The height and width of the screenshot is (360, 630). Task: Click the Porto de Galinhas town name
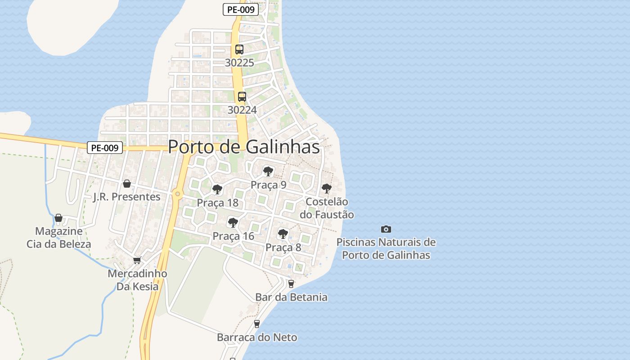click(x=244, y=147)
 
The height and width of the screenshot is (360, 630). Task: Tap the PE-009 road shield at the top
click(x=241, y=9)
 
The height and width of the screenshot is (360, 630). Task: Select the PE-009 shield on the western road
click(x=105, y=148)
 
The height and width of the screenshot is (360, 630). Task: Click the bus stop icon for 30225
click(x=239, y=49)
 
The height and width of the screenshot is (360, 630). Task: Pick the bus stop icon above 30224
click(x=242, y=96)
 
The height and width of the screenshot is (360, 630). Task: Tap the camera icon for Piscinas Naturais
click(x=386, y=229)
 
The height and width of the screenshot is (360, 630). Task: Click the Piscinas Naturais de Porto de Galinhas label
click(x=386, y=249)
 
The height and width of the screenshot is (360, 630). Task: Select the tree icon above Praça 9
click(x=268, y=171)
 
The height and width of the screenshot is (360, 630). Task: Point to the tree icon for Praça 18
click(x=217, y=189)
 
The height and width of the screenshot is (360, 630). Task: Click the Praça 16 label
click(x=233, y=236)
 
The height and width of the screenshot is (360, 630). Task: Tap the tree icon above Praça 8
click(x=283, y=234)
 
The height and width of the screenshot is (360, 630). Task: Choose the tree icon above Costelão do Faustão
click(x=327, y=189)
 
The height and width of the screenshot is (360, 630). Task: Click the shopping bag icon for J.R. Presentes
click(x=127, y=184)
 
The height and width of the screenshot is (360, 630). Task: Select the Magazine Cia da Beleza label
click(x=59, y=238)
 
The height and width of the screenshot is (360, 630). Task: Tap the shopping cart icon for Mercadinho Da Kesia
click(x=137, y=260)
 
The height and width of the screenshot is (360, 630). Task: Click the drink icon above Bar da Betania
click(x=291, y=283)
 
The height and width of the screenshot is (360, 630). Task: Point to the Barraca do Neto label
click(x=257, y=337)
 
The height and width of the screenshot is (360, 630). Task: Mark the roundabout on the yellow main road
click(x=178, y=194)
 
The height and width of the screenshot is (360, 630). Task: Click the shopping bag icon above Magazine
click(x=58, y=218)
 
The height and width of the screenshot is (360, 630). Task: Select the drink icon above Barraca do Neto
click(x=257, y=324)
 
